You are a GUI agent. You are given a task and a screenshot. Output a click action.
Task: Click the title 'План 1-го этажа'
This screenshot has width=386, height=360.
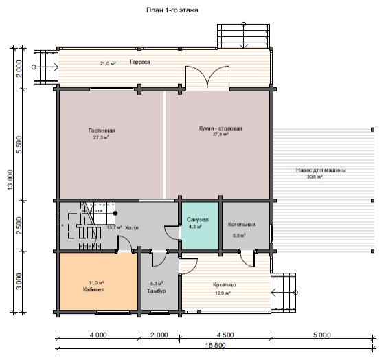(x=172, y=10)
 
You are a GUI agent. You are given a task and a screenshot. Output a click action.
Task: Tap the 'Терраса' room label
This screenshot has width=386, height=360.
(x=139, y=62)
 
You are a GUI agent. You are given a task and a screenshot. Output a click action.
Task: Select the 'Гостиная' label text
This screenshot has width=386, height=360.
(x=102, y=131)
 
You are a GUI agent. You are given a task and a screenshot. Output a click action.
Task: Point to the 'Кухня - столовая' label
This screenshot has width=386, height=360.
(x=220, y=128)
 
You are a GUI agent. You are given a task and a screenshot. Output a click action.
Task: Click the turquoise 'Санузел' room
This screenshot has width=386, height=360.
(x=200, y=225)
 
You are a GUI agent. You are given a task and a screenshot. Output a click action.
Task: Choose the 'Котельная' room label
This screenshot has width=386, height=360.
(x=241, y=225)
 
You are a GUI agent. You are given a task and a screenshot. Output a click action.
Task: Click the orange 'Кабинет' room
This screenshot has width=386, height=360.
(x=98, y=282)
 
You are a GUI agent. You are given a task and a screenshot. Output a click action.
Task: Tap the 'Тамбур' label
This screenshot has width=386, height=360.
(x=157, y=291)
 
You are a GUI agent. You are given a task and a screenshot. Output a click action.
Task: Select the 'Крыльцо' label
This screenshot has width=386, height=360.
(x=225, y=284)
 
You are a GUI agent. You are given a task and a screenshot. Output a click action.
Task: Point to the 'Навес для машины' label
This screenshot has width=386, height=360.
(x=321, y=170)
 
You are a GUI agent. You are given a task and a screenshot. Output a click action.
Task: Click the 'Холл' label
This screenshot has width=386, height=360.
(x=132, y=228)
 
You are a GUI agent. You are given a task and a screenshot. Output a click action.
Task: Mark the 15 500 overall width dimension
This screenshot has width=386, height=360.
(x=215, y=345)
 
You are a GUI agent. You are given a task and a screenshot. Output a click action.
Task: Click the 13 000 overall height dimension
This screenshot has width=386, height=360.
(x=10, y=180)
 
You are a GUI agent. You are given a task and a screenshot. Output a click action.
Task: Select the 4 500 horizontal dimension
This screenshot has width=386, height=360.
(x=225, y=335)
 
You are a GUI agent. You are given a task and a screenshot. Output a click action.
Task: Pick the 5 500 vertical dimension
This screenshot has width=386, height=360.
(x=19, y=145)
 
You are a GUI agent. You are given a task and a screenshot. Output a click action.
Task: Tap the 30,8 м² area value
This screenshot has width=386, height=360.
(x=315, y=177)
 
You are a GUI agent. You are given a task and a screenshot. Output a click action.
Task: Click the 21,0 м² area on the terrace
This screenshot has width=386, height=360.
(x=108, y=63)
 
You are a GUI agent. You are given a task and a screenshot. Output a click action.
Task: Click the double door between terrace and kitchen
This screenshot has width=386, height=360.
(x=207, y=77)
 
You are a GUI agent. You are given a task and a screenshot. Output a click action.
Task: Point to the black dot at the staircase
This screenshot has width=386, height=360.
(x=115, y=213)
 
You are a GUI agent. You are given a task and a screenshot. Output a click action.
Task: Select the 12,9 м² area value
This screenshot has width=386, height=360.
(x=223, y=293)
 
